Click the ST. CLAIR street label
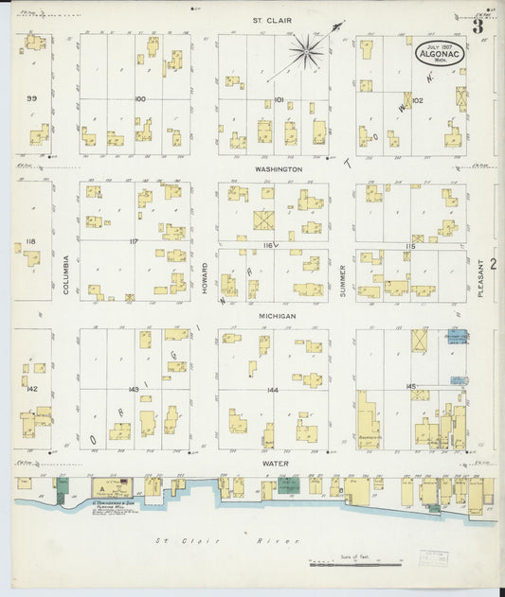point(272,19)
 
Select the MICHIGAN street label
point(276,316)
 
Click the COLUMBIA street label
point(65,274)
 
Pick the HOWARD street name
point(204,280)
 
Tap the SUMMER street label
point(342,281)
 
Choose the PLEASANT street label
point(480,281)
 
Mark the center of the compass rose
point(307,51)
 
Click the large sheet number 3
point(479,26)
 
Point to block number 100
point(140,98)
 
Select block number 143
point(135,389)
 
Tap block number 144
point(274,389)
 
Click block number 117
point(135,241)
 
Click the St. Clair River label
point(227,540)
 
